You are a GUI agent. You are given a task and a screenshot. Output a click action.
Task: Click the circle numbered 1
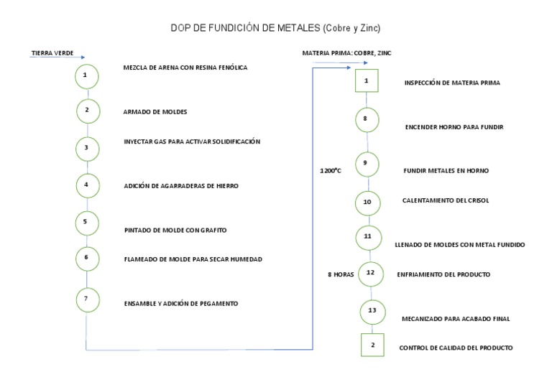point(86,75)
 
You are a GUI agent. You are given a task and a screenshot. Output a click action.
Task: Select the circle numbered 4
point(87,185)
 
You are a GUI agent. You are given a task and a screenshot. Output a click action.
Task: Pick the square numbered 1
point(367,80)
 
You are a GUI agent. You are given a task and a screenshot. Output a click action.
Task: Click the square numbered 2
point(373,345)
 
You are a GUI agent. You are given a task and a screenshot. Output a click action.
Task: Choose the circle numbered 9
point(366,164)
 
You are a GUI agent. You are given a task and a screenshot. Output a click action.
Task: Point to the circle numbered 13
point(372,311)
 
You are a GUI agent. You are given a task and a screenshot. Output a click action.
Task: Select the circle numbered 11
point(368,236)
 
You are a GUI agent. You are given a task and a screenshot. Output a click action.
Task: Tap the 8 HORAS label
point(341,274)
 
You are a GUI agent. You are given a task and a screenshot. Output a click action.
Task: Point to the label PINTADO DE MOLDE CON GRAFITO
point(175,231)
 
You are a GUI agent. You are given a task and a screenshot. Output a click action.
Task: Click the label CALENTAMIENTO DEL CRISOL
point(446,201)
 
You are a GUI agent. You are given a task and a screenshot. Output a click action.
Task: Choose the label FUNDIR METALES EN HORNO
point(446,171)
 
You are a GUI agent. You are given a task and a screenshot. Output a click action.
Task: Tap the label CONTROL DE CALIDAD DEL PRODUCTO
point(456,348)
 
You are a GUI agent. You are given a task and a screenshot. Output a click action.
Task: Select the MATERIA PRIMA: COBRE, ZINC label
point(346,53)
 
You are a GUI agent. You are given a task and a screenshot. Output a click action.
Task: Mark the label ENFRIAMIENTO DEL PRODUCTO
point(443,274)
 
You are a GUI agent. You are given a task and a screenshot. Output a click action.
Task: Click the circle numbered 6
point(86,257)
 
